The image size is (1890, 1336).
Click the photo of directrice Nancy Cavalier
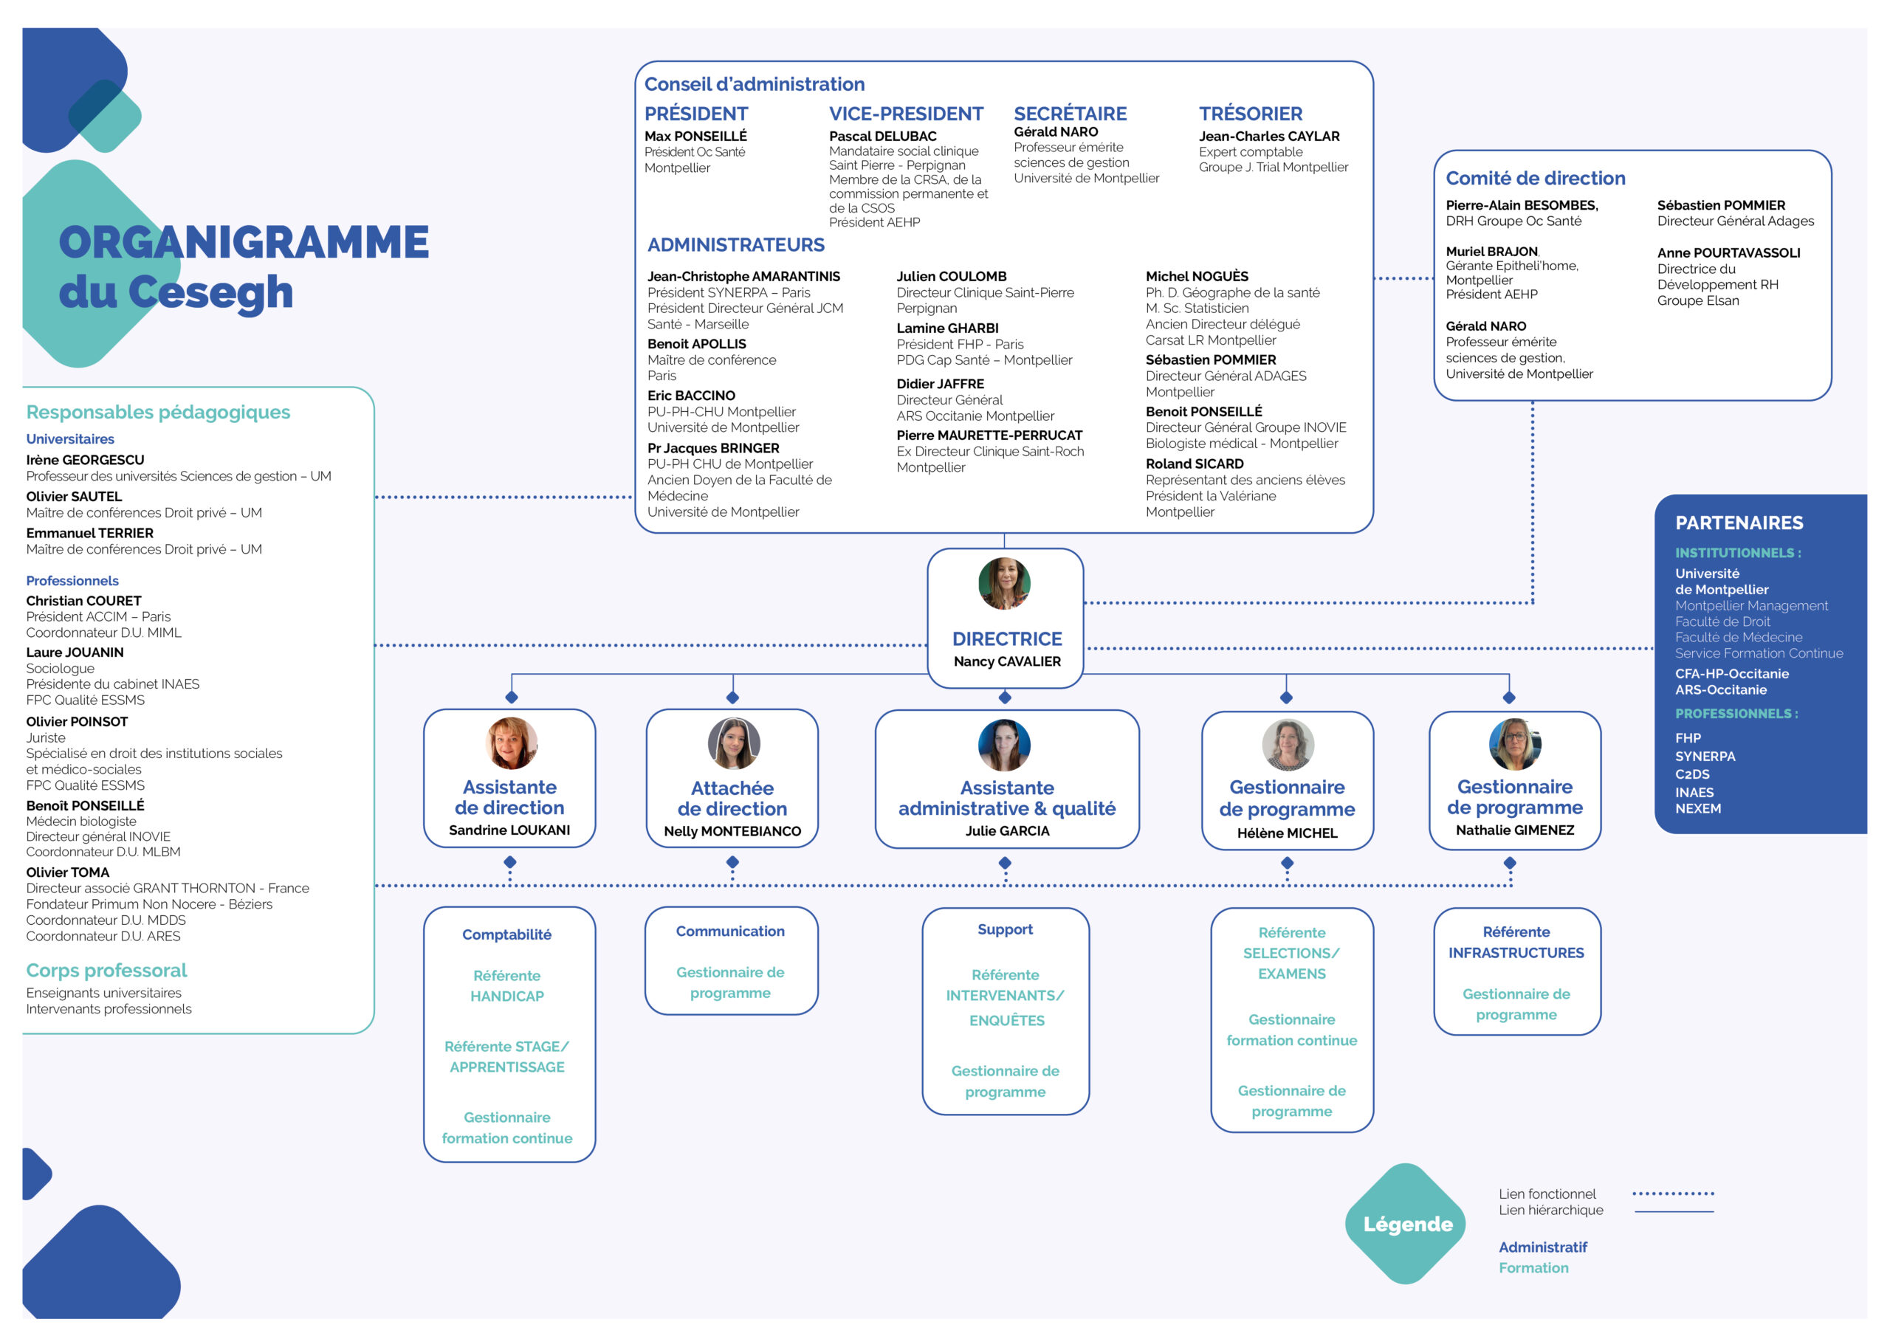click(1004, 584)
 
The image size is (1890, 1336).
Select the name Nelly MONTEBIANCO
click(732, 831)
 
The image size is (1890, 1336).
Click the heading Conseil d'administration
click(754, 84)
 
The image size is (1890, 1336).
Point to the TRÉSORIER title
click(1250, 114)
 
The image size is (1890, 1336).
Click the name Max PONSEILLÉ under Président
click(695, 136)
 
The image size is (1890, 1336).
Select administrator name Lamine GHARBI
click(946, 328)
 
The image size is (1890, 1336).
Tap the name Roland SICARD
click(1194, 464)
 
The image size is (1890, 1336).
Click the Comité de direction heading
click(1535, 178)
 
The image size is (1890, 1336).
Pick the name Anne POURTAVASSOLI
click(1728, 252)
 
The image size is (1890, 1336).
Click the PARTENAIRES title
click(1739, 523)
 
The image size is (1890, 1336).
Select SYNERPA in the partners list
click(1705, 756)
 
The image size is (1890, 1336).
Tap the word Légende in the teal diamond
click(1408, 1224)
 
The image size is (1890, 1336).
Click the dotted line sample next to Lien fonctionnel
click(1673, 1193)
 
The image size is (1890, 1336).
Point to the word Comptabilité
click(506, 934)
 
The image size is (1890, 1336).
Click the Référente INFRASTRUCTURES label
click(1516, 943)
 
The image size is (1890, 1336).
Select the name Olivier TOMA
click(67, 872)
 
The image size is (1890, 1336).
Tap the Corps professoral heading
click(106, 971)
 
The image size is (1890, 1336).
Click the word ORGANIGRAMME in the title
click(244, 242)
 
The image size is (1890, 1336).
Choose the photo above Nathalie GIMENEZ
click(1515, 743)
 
